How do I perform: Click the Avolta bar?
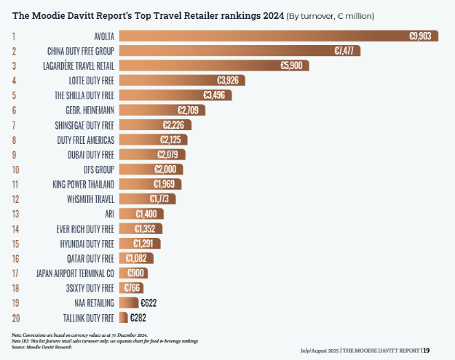point(277,36)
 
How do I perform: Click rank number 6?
point(14,110)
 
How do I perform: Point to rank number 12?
point(14,199)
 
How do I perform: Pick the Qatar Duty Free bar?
point(135,258)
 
